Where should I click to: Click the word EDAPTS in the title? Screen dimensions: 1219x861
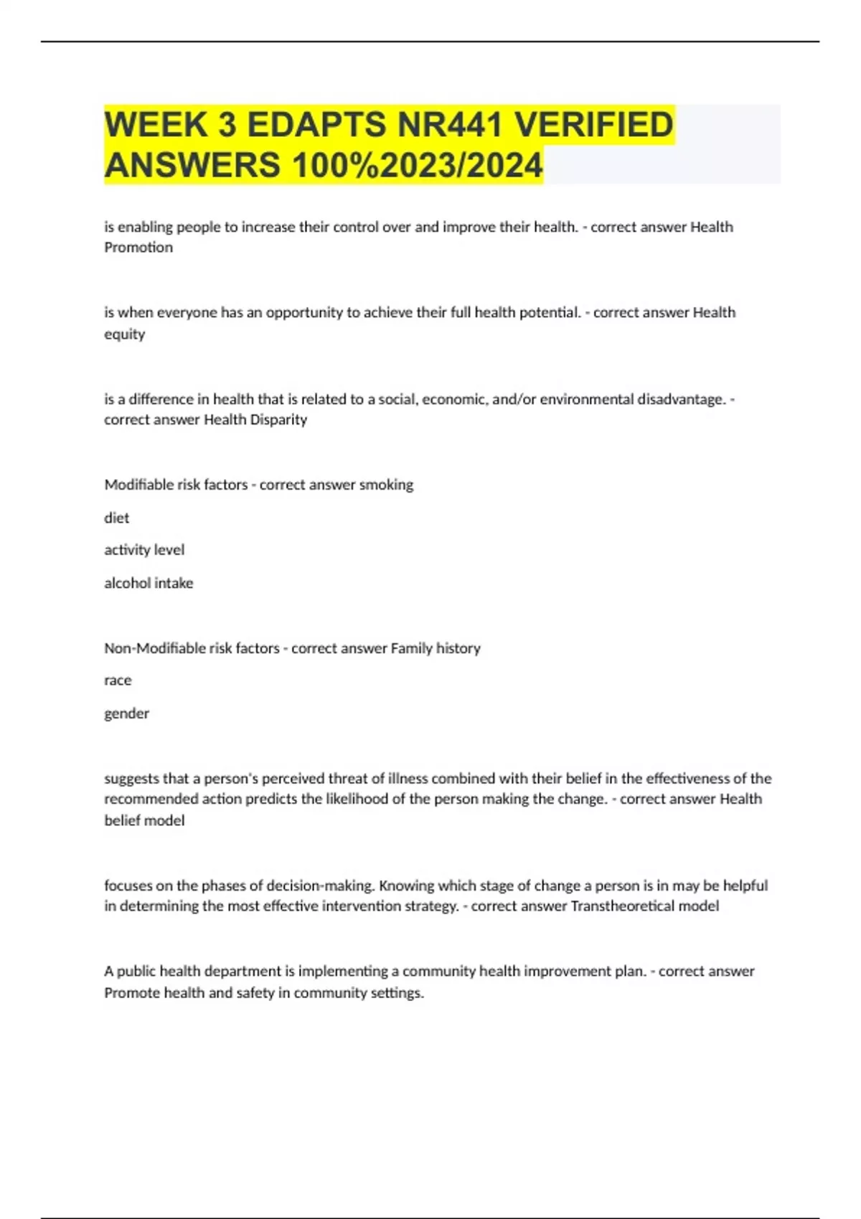click(x=316, y=125)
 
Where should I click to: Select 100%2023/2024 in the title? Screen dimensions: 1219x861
click(x=417, y=166)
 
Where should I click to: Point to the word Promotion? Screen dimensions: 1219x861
click(x=138, y=247)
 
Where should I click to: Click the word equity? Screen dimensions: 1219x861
click(x=124, y=334)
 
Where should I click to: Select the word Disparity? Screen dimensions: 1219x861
click(x=278, y=419)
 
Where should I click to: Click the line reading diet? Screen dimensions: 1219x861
click(x=117, y=518)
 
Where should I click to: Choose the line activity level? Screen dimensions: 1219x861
click(x=144, y=550)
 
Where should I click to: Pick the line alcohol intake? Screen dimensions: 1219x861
click(x=149, y=583)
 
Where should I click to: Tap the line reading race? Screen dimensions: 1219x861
click(x=118, y=680)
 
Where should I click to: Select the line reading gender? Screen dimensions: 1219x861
click(x=126, y=713)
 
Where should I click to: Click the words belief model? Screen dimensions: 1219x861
click(x=144, y=820)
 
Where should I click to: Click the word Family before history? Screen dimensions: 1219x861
click(x=412, y=648)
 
